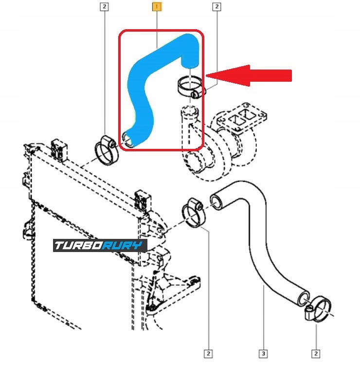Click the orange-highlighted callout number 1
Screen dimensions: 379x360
(157, 7)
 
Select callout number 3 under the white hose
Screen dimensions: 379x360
(263, 353)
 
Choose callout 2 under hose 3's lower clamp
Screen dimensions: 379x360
(317, 353)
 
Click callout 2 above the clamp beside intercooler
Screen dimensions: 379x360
(105, 7)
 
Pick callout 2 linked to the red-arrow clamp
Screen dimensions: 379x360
(217, 7)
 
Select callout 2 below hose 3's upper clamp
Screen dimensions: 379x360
(209, 353)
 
